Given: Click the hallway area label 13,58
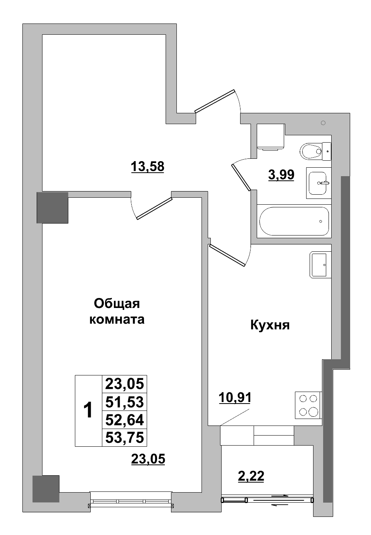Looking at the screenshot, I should (x=147, y=167).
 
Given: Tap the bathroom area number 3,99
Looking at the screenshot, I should (x=281, y=175).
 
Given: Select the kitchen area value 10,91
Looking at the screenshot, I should (x=235, y=397).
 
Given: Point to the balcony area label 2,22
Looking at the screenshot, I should (x=251, y=476).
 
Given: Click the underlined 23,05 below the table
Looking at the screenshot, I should (x=148, y=459).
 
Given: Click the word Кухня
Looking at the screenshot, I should (x=270, y=325).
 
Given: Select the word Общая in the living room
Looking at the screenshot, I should (x=117, y=304).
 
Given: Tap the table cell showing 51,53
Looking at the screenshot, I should (x=124, y=402).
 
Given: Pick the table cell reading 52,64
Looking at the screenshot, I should (x=124, y=420).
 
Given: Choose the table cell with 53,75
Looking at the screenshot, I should (x=124, y=437).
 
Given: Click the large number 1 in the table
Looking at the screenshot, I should (x=88, y=411).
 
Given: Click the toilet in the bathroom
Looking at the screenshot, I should (x=313, y=151).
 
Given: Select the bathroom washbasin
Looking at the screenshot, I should (x=318, y=183).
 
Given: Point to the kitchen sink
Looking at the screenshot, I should (x=320, y=265).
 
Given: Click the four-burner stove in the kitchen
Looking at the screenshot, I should (x=308, y=405).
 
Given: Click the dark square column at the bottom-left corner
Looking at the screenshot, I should (x=46, y=488).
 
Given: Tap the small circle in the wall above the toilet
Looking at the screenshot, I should (x=323, y=123).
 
